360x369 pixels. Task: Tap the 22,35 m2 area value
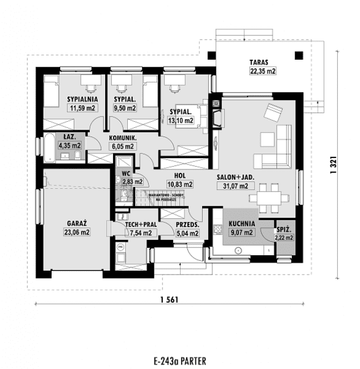pos(262,71)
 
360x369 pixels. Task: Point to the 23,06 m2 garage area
pos(77,232)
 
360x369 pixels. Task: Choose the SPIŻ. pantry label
pos(283,230)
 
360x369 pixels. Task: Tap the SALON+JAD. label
pos(235,177)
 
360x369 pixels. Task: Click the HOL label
pos(179,176)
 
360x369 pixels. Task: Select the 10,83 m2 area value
pos(179,185)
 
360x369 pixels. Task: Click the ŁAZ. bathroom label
pos(70,136)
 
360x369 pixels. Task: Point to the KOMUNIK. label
pos(121,138)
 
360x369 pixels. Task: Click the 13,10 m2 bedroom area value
pos(181,120)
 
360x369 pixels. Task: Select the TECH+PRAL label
pos(140,224)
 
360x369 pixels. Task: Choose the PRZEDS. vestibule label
pos(187,224)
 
